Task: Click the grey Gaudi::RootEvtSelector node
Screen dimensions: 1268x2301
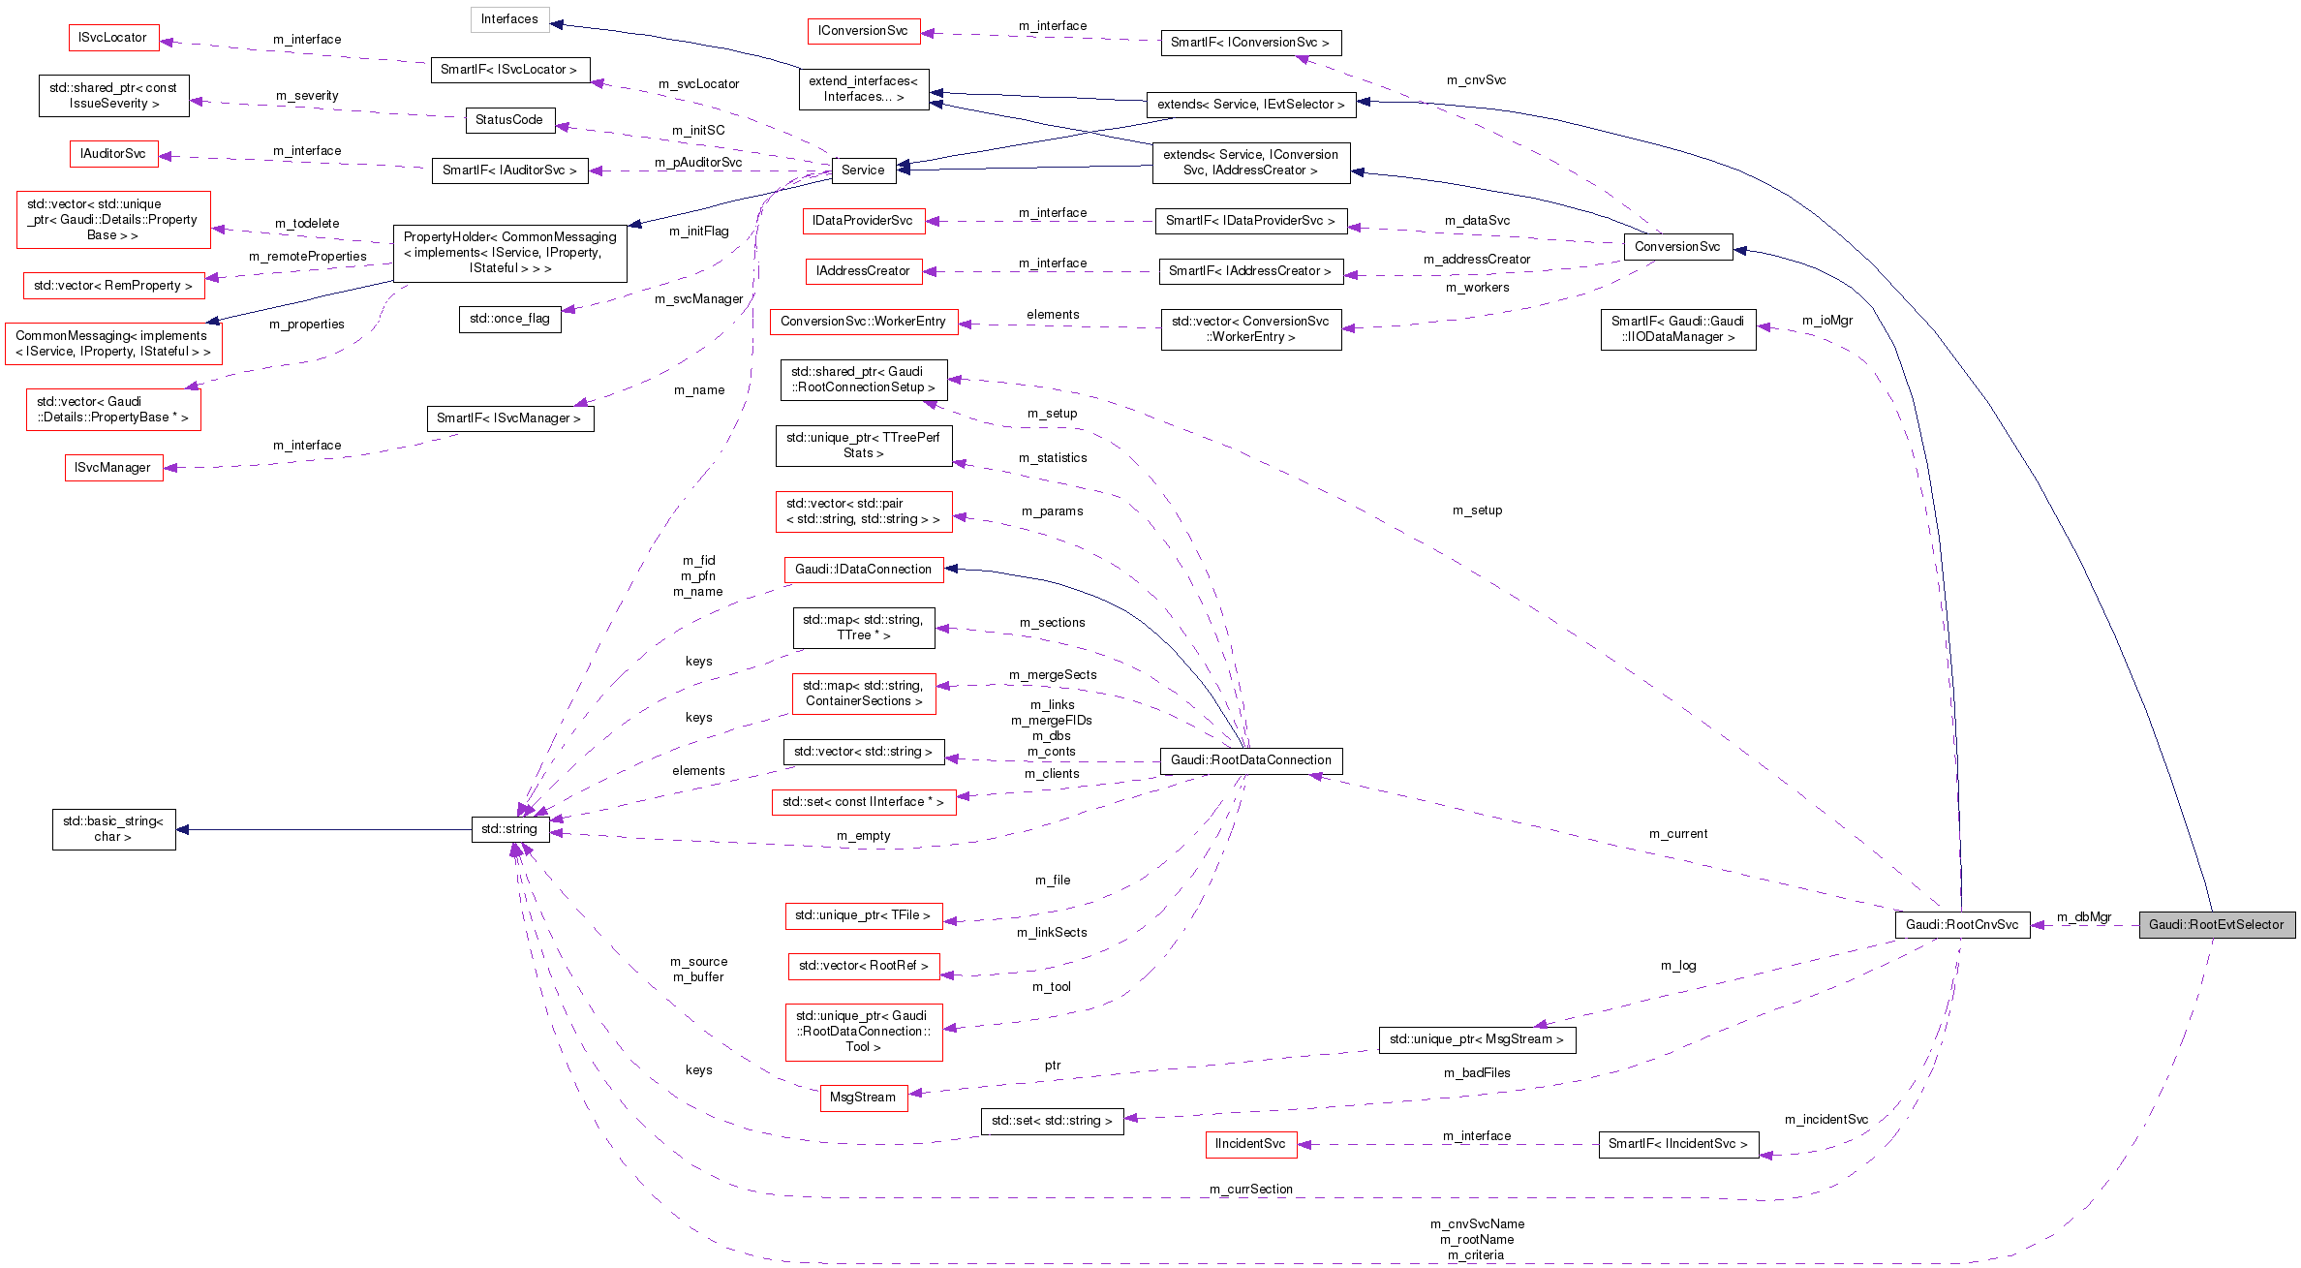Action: click(2216, 925)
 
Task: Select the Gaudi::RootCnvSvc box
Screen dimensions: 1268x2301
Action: click(1961, 925)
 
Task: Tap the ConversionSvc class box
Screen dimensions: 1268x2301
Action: click(1676, 247)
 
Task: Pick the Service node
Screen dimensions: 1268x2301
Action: click(863, 170)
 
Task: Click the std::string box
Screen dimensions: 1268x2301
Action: click(509, 829)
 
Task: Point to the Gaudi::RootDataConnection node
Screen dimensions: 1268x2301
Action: click(1250, 760)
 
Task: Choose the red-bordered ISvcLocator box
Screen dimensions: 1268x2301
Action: click(112, 38)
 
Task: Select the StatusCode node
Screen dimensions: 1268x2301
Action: click(509, 120)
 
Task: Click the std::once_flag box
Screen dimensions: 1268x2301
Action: click(509, 319)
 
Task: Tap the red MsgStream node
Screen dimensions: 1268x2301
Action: click(863, 1098)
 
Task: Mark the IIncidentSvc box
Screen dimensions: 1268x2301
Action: click(1250, 1144)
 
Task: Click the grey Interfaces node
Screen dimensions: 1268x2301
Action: click(509, 19)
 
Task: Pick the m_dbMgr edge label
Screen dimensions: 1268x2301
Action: click(2084, 917)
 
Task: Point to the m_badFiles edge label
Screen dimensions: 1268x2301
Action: click(1477, 1073)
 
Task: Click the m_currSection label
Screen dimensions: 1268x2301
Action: click(1250, 1190)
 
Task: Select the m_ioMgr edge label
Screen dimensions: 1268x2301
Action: click(1827, 321)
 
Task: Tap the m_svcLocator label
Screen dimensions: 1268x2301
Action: click(698, 84)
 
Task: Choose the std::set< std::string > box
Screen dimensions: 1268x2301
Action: click(1052, 1121)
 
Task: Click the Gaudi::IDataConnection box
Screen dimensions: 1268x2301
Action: click(863, 570)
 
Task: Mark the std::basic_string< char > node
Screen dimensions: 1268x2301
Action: click(113, 829)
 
